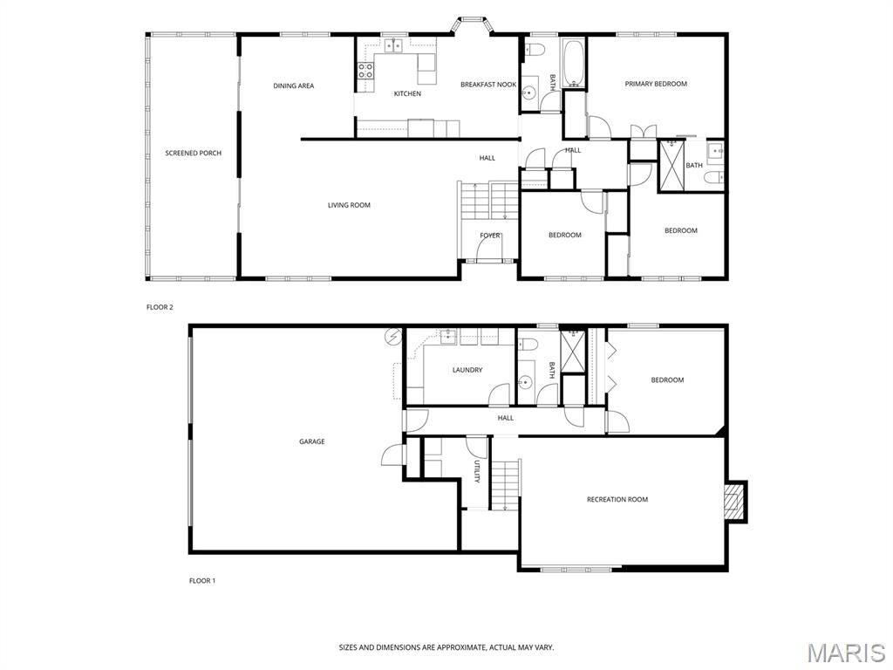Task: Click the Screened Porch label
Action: coord(193,153)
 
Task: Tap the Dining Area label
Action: coord(293,86)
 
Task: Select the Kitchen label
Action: coord(408,93)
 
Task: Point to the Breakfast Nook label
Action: coord(488,85)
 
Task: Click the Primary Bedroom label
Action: coord(656,84)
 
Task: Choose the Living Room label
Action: coord(349,205)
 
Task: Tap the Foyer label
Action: coord(490,236)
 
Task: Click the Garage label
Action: coord(312,441)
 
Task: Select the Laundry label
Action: coord(467,370)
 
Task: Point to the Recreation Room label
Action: coord(617,500)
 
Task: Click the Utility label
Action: coord(477,471)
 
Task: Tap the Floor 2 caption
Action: coord(160,307)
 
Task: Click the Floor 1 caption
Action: coord(202,581)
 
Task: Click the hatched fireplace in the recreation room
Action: coord(735,501)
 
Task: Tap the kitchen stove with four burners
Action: coord(365,71)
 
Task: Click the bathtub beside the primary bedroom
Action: coord(574,63)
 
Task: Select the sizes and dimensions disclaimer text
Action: coord(446,647)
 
